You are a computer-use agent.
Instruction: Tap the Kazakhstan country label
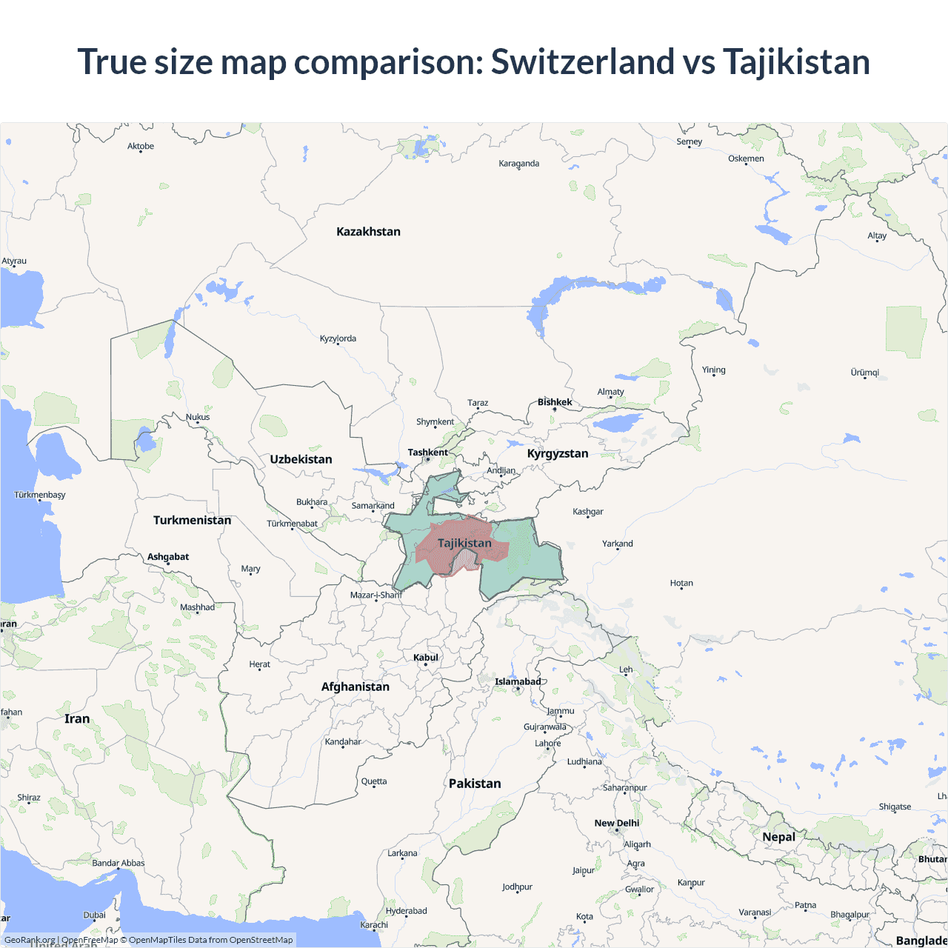[368, 232]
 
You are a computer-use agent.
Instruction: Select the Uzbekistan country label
[301, 459]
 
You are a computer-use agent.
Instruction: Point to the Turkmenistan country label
[192, 520]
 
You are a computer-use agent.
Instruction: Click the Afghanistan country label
[355, 687]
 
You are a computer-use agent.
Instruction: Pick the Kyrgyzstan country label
[557, 453]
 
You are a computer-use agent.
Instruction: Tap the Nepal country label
[778, 837]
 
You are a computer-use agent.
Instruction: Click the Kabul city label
[426, 658]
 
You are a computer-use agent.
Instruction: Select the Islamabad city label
[518, 681]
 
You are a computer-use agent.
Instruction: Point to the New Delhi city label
[616, 823]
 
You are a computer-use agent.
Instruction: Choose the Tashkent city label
[427, 453]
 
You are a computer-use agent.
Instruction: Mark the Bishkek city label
[555, 402]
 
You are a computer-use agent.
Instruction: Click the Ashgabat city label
[168, 557]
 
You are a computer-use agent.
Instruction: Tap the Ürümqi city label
[864, 373]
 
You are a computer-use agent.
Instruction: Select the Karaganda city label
[518, 164]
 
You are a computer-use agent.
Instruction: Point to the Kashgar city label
[588, 512]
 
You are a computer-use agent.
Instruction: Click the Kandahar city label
[343, 741]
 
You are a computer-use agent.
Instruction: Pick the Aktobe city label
[141, 147]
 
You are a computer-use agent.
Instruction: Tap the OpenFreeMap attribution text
[90, 940]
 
